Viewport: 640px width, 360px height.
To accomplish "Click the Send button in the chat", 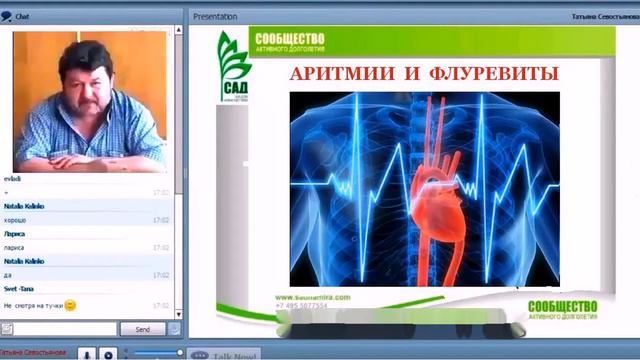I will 142,329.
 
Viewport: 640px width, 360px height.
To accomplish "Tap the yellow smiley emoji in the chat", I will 71,305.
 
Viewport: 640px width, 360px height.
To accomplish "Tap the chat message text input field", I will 58,329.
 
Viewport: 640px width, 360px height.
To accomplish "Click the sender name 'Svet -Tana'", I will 19,288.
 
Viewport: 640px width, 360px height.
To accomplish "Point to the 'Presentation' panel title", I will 215,16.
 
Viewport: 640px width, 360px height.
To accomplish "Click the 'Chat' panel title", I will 21,16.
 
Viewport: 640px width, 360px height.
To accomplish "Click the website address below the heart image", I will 311,297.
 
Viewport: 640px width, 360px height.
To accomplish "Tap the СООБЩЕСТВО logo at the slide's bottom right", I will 562,308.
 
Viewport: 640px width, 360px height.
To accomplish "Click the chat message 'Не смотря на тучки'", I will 33,305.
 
